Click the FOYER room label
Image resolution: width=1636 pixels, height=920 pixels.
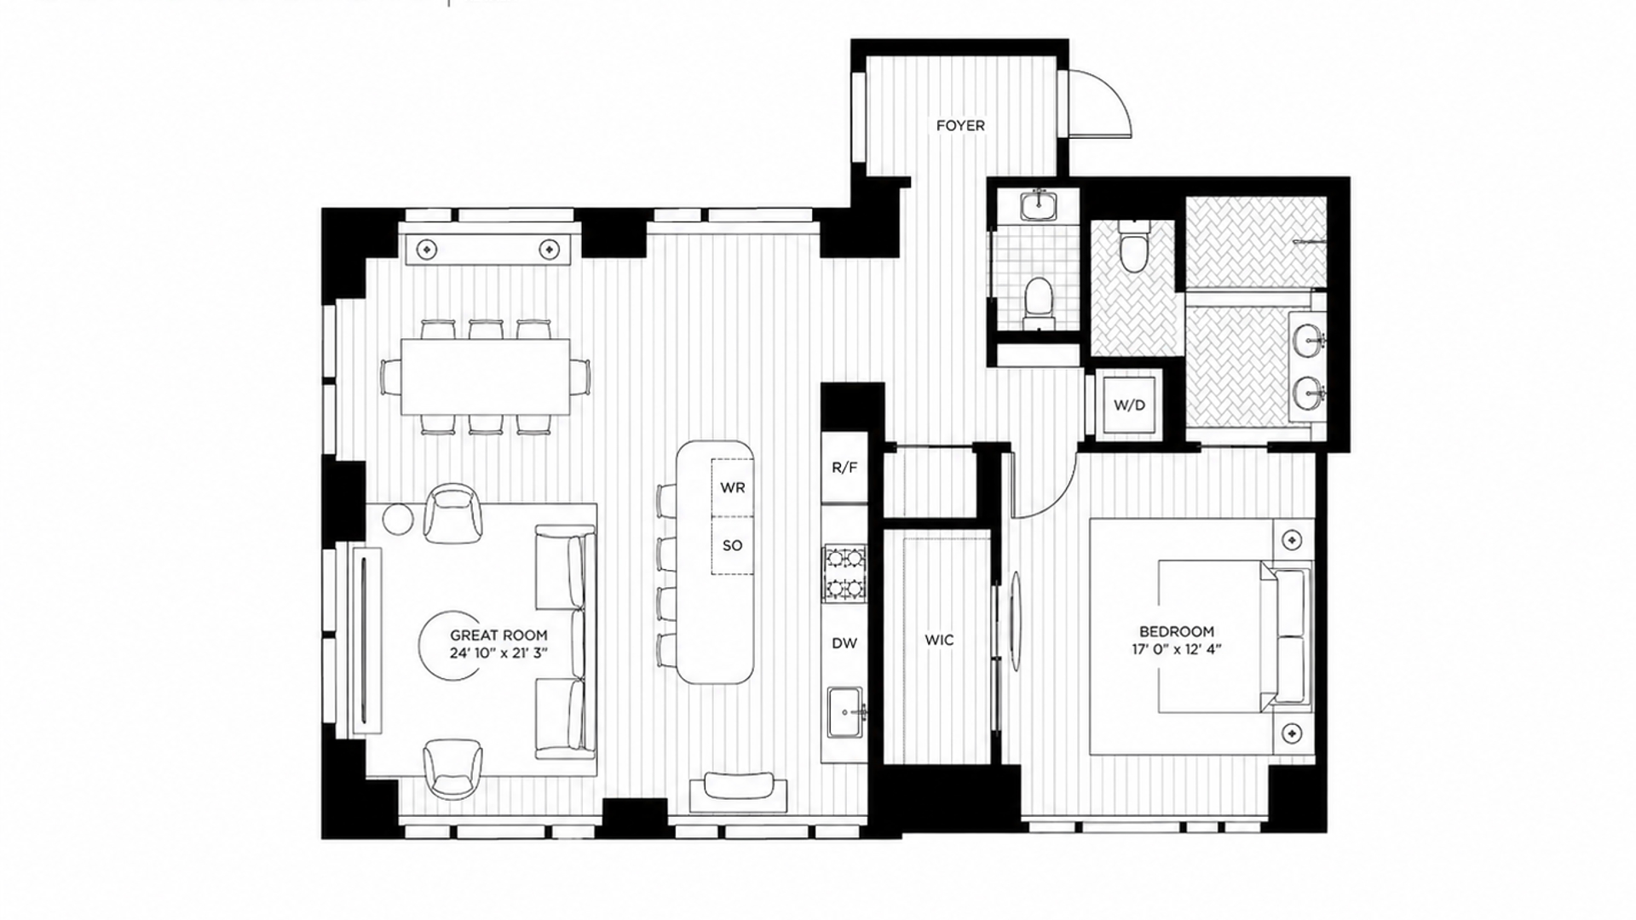[x=960, y=125]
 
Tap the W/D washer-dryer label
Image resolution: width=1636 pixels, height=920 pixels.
[x=1129, y=405]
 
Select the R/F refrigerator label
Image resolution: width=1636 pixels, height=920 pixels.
[x=844, y=468]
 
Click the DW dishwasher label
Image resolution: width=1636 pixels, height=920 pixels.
[x=844, y=643]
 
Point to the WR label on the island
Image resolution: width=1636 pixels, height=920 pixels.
[x=733, y=488]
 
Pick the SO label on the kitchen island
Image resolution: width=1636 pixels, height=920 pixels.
[x=733, y=545]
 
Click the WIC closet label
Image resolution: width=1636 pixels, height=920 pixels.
[x=939, y=640]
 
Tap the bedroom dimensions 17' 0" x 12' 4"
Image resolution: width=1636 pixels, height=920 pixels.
[x=1176, y=649]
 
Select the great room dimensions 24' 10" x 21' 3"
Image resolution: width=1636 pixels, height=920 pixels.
[x=498, y=653]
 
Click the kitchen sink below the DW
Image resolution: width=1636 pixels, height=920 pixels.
[x=845, y=709]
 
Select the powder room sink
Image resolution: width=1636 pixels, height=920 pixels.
[x=1039, y=204]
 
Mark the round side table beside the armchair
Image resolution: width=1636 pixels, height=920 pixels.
[x=397, y=519]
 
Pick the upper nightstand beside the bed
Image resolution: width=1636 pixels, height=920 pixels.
[x=1293, y=540]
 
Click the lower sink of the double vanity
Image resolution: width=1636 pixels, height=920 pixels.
[x=1308, y=394]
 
